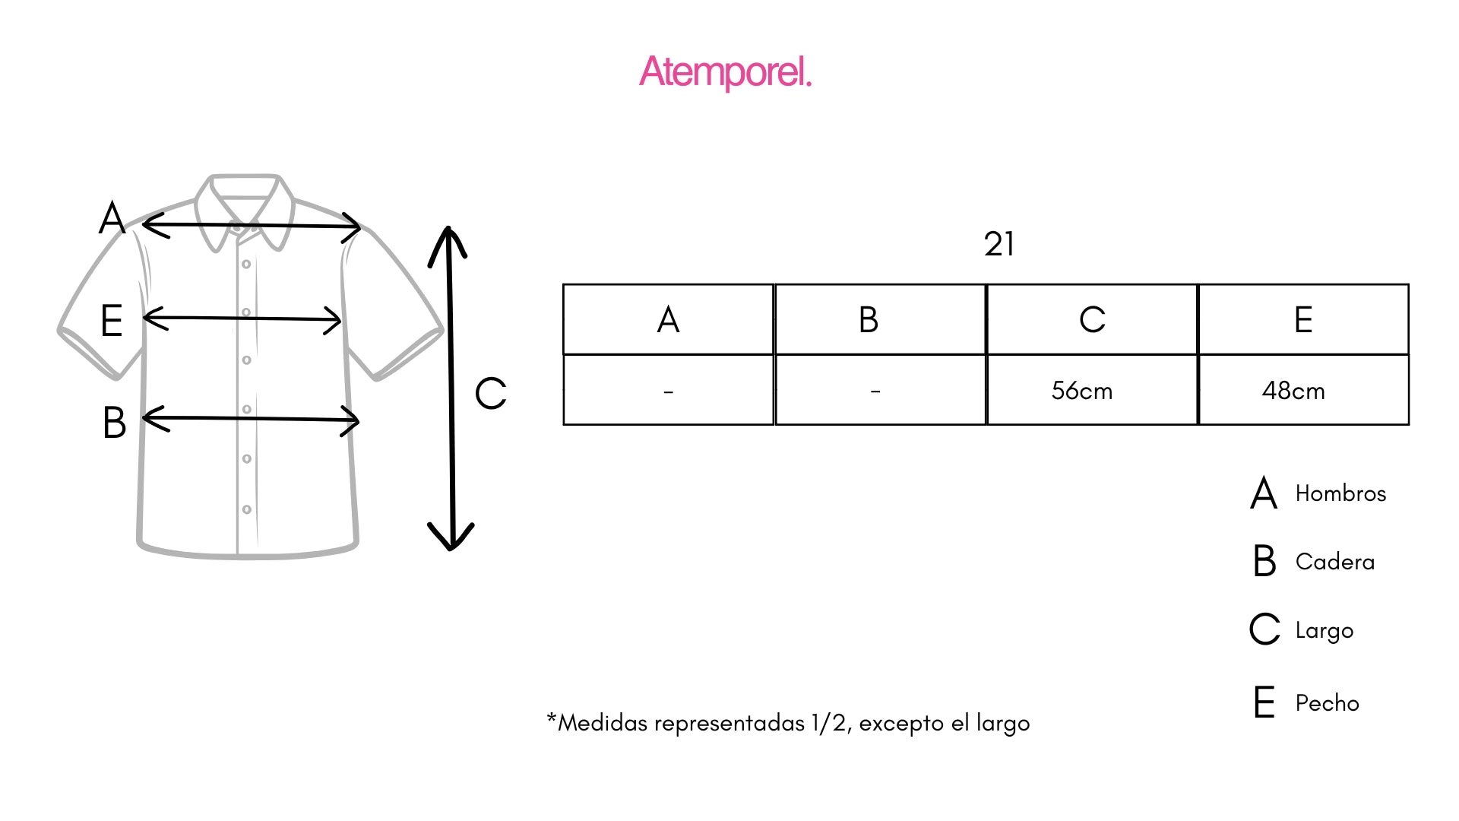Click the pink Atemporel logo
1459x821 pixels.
tap(726, 72)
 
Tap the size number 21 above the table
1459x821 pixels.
tap(999, 244)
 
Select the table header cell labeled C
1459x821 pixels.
tap(1092, 319)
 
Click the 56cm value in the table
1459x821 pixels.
tap(1082, 391)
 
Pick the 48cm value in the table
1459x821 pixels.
tap(1293, 391)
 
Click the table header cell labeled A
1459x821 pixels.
tap(668, 319)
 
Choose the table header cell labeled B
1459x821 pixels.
tap(880, 319)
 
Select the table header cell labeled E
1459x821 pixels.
tap(1303, 319)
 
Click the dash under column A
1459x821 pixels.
tap(668, 392)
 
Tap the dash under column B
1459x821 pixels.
tap(875, 392)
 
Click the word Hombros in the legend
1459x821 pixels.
tap(1340, 493)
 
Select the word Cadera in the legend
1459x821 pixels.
tap(1335, 562)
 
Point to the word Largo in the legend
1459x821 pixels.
tap(1324, 631)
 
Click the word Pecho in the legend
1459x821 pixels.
tap(1328, 703)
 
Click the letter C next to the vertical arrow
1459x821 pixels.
tap(490, 394)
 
